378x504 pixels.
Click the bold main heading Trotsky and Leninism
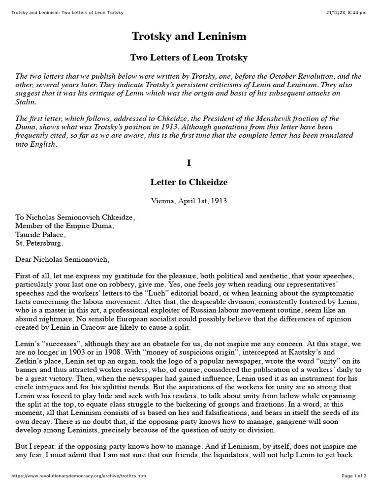(189, 36)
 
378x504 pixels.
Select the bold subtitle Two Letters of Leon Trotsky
(189, 58)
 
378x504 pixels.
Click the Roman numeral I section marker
(189, 161)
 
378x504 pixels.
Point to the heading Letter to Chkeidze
(189, 182)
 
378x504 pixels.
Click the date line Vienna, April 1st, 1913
(189, 200)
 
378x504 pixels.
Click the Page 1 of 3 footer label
(354, 490)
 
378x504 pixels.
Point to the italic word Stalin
(25, 102)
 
